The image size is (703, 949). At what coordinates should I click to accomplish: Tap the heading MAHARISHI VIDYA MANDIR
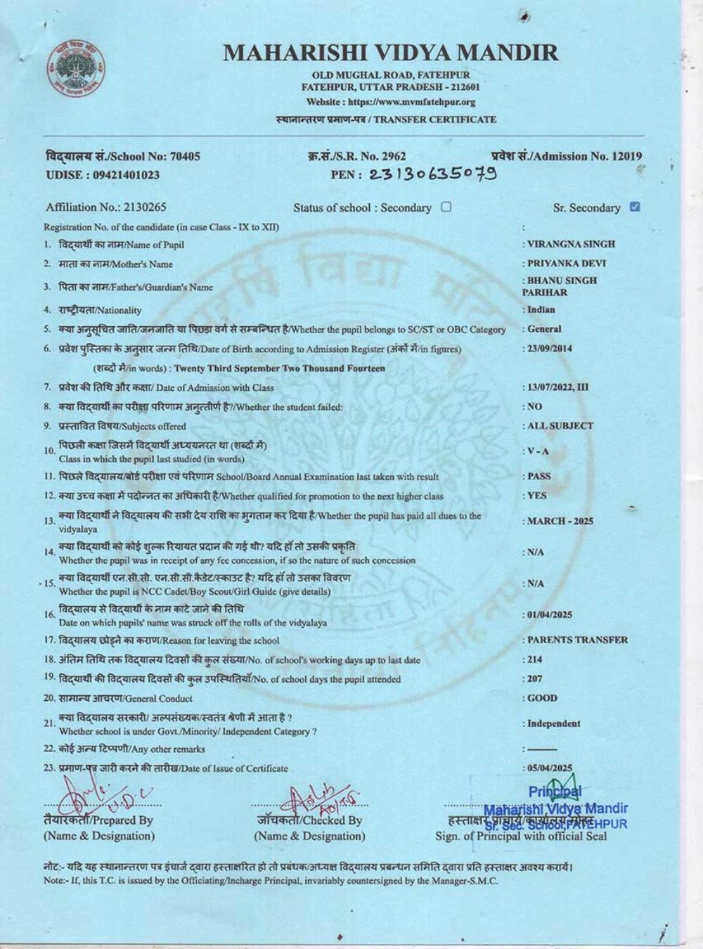tap(391, 53)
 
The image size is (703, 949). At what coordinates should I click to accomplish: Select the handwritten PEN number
tap(432, 174)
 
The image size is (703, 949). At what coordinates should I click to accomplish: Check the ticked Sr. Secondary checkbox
tap(635, 207)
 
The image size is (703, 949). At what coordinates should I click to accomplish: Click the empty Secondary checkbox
tap(446, 207)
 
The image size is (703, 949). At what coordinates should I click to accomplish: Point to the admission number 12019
tap(623, 156)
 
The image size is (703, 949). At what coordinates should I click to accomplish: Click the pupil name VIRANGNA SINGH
tap(571, 244)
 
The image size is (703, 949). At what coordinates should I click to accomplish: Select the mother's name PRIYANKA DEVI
tap(567, 264)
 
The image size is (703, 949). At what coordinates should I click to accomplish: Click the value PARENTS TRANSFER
tap(577, 640)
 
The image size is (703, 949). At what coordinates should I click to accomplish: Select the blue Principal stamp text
tap(555, 808)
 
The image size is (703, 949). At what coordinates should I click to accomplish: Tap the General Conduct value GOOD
tap(542, 698)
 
